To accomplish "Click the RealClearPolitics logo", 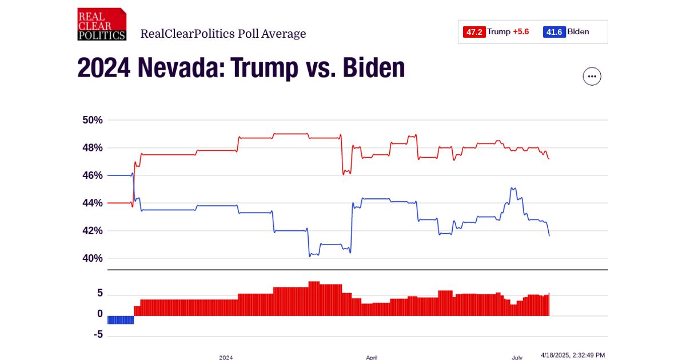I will pyautogui.click(x=102, y=25).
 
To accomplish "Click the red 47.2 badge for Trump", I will pyautogui.click(x=474, y=32).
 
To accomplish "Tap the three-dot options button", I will pyautogui.click(x=592, y=76).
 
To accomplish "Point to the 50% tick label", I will pyautogui.click(x=92, y=120).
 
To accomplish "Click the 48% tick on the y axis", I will pyautogui.click(x=92, y=147).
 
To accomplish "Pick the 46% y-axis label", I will pyautogui.click(x=92, y=175).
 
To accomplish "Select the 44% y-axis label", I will pyautogui.click(x=92, y=203).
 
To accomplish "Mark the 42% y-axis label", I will pyautogui.click(x=92, y=231).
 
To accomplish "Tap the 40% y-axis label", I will pyautogui.click(x=92, y=258).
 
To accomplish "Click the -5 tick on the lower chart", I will pyautogui.click(x=98, y=334).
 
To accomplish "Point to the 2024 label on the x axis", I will pyautogui.click(x=226, y=357).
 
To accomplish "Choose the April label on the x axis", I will pyautogui.click(x=372, y=357).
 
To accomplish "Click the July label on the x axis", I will pyautogui.click(x=517, y=357).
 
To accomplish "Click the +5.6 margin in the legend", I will pyautogui.click(x=521, y=32).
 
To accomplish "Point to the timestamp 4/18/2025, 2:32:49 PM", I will pyautogui.click(x=572, y=355).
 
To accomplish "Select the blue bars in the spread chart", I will pyautogui.click(x=121, y=319).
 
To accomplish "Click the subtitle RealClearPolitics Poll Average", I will pyautogui.click(x=223, y=34).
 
